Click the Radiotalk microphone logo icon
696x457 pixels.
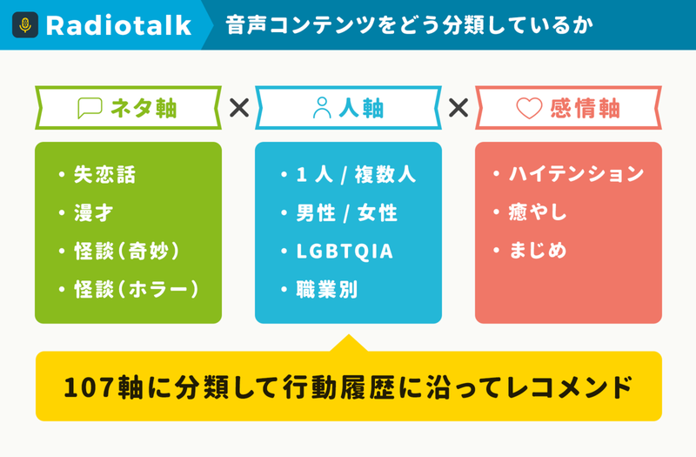pos(25,25)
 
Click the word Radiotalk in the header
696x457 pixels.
pos(118,25)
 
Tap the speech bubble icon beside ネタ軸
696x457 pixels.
pos(90,108)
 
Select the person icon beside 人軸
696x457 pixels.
pos(322,108)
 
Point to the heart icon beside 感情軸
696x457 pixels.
pos(529,108)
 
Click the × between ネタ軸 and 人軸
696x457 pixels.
pos(239,108)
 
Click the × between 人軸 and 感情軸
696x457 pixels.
pos(458,108)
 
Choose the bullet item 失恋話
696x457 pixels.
pos(104,175)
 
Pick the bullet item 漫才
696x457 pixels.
pos(94,212)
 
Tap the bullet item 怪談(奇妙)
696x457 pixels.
pos(127,251)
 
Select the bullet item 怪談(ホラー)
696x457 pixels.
pos(137,290)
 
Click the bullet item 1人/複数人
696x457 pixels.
pos(356,175)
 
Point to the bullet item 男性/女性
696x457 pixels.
pos(346,212)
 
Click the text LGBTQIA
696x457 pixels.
pos(345,252)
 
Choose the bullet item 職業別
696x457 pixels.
pos(327,290)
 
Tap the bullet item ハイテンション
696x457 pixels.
pos(576,173)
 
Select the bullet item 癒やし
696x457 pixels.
pos(538,212)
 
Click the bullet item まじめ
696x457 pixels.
pos(538,250)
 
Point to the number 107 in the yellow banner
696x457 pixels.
pos(90,387)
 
